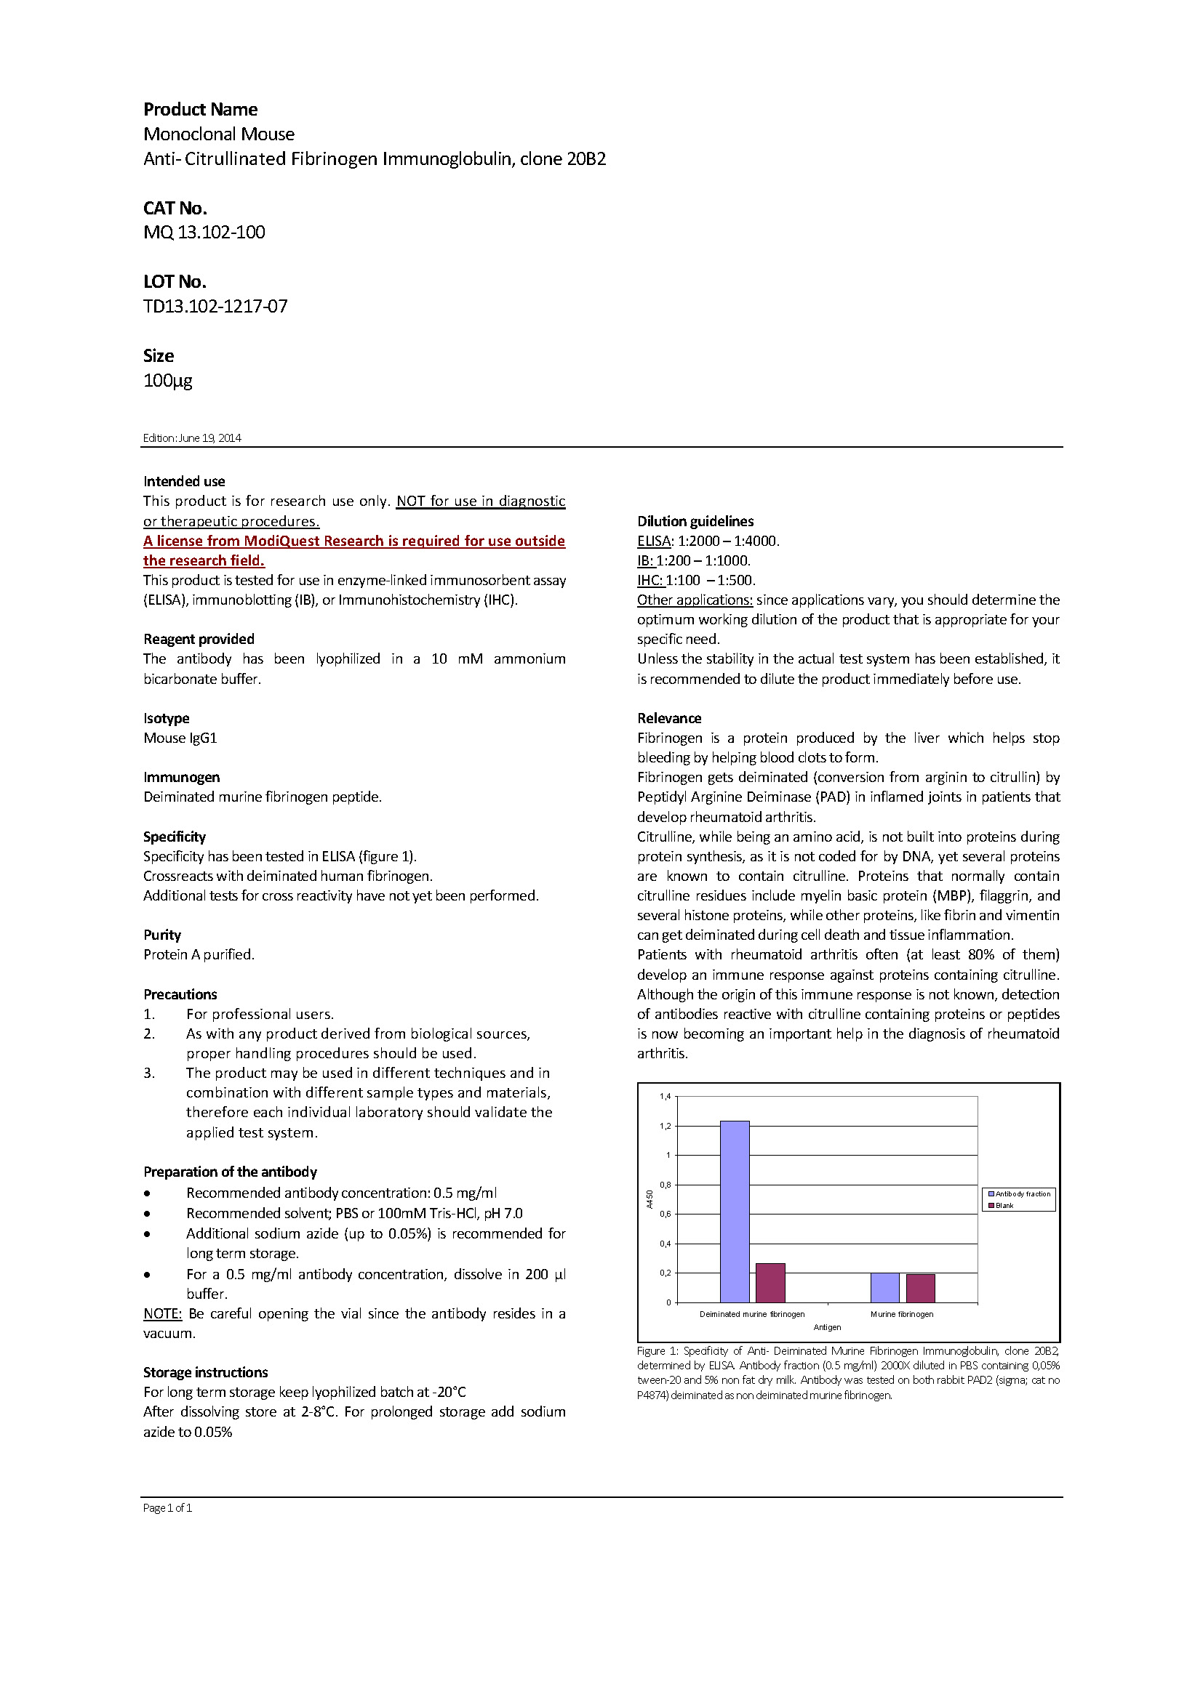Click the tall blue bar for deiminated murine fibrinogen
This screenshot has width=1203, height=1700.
(x=734, y=1212)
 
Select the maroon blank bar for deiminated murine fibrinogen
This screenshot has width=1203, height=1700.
(x=770, y=1282)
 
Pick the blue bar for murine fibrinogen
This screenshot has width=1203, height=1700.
(x=884, y=1288)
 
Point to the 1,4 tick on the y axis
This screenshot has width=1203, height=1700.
(x=666, y=1097)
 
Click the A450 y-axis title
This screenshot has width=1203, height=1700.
(x=650, y=1199)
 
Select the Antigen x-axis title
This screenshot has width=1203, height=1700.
(x=827, y=1327)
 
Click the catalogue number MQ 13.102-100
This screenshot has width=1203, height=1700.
(x=204, y=233)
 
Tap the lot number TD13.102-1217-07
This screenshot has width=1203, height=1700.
(x=215, y=307)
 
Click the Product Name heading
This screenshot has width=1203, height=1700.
(x=201, y=110)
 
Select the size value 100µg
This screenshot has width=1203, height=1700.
(x=168, y=381)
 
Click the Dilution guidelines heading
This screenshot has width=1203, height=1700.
(x=695, y=521)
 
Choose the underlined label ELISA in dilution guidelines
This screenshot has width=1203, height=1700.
(x=653, y=541)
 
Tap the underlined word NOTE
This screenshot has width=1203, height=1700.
(x=162, y=1313)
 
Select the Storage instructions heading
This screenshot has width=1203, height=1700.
(x=205, y=1372)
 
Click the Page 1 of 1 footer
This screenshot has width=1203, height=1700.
(x=167, y=1507)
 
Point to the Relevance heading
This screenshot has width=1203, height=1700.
(x=669, y=718)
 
